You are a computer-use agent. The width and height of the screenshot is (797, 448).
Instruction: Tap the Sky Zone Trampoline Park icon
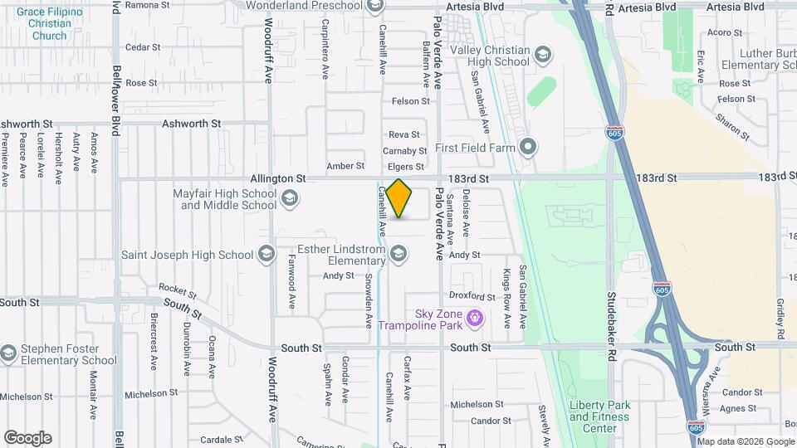pos(475,316)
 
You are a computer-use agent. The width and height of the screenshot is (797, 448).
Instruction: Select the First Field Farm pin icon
pos(528,148)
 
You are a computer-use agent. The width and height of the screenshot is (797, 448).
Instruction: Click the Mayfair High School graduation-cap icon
pos(289,198)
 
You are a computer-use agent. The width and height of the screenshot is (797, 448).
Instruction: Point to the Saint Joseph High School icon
pos(266,254)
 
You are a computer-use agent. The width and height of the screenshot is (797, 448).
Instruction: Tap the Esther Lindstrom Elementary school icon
pos(399,254)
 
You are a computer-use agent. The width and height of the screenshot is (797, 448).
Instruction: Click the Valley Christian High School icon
pos(542,56)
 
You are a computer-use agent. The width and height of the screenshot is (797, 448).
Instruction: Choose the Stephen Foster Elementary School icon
pos(8,354)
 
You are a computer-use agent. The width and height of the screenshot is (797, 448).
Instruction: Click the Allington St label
pos(278,178)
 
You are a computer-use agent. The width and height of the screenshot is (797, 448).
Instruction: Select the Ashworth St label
pos(192,123)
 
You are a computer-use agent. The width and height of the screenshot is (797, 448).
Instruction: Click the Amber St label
pos(345,166)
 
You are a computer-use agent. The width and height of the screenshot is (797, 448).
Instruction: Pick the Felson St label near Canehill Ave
pos(411,101)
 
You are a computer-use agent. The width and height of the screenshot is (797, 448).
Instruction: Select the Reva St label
pos(404,134)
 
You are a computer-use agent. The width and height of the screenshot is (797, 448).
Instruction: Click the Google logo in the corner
pos(27,438)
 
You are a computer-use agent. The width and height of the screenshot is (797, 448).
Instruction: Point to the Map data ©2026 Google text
pos(746,441)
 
